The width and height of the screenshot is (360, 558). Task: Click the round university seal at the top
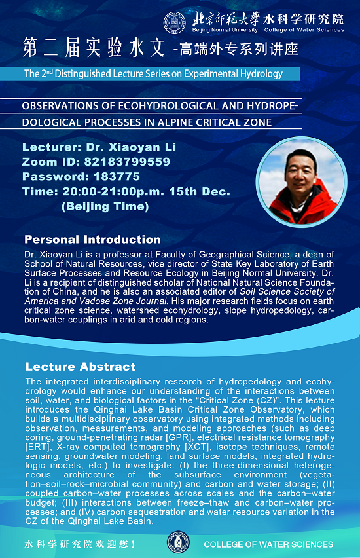click(x=174, y=23)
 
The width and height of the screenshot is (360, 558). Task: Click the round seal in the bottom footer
click(x=178, y=543)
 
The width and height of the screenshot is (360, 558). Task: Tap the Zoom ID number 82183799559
click(x=127, y=162)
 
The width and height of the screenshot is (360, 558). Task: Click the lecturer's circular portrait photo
click(x=301, y=181)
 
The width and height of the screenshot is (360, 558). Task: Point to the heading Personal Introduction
click(x=92, y=240)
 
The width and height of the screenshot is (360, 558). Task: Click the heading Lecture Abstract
click(x=81, y=367)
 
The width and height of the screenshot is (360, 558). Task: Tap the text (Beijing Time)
click(x=105, y=206)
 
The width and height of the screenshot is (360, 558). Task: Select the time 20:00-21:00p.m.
click(x=113, y=191)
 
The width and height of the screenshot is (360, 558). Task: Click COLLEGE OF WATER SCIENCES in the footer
click(x=268, y=544)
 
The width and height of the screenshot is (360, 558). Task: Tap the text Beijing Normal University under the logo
click(x=225, y=30)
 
